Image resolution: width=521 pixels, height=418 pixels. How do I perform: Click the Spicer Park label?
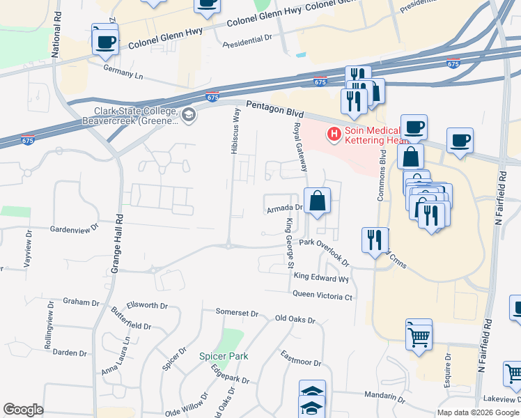pyautogui.click(x=224, y=356)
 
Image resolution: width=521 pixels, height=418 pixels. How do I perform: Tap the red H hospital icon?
pyautogui.click(x=334, y=133)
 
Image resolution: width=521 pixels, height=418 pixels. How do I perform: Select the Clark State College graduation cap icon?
pyautogui.click(x=188, y=115)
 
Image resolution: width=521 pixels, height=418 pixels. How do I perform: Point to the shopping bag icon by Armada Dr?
pyautogui.click(x=317, y=202)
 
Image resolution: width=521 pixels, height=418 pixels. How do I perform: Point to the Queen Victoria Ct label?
pyautogui.click(x=323, y=296)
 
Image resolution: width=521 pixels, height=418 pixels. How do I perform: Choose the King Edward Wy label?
pyautogui.click(x=321, y=277)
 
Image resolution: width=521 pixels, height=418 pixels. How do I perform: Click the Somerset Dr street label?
pyautogui.click(x=237, y=313)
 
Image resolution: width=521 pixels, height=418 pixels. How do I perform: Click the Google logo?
pyautogui.click(x=24, y=410)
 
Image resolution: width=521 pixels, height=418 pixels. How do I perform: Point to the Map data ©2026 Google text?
pyautogui.click(x=477, y=412)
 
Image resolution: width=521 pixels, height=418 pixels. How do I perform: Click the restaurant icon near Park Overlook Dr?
pyautogui.click(x=375, y=240)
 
